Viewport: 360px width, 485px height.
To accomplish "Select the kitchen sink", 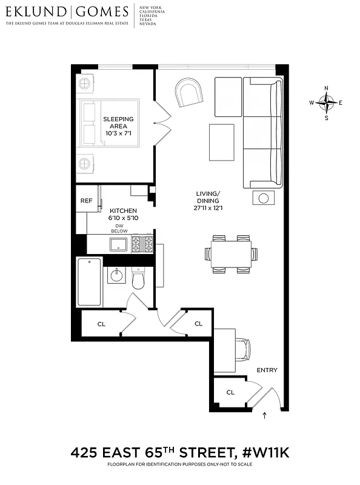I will (x=118, y=244).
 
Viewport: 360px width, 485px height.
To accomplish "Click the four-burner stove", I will (x=143, y=244).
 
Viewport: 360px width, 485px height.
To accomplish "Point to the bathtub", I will (x=89, y=282).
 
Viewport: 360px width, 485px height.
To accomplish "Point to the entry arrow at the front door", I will (x=265, y=416).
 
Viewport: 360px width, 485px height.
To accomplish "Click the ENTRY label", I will (x=267, y=370).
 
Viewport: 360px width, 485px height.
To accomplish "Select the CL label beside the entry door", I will (x=230, y=392).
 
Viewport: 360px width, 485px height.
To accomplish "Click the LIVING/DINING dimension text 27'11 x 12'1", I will (x=208, y=208).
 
